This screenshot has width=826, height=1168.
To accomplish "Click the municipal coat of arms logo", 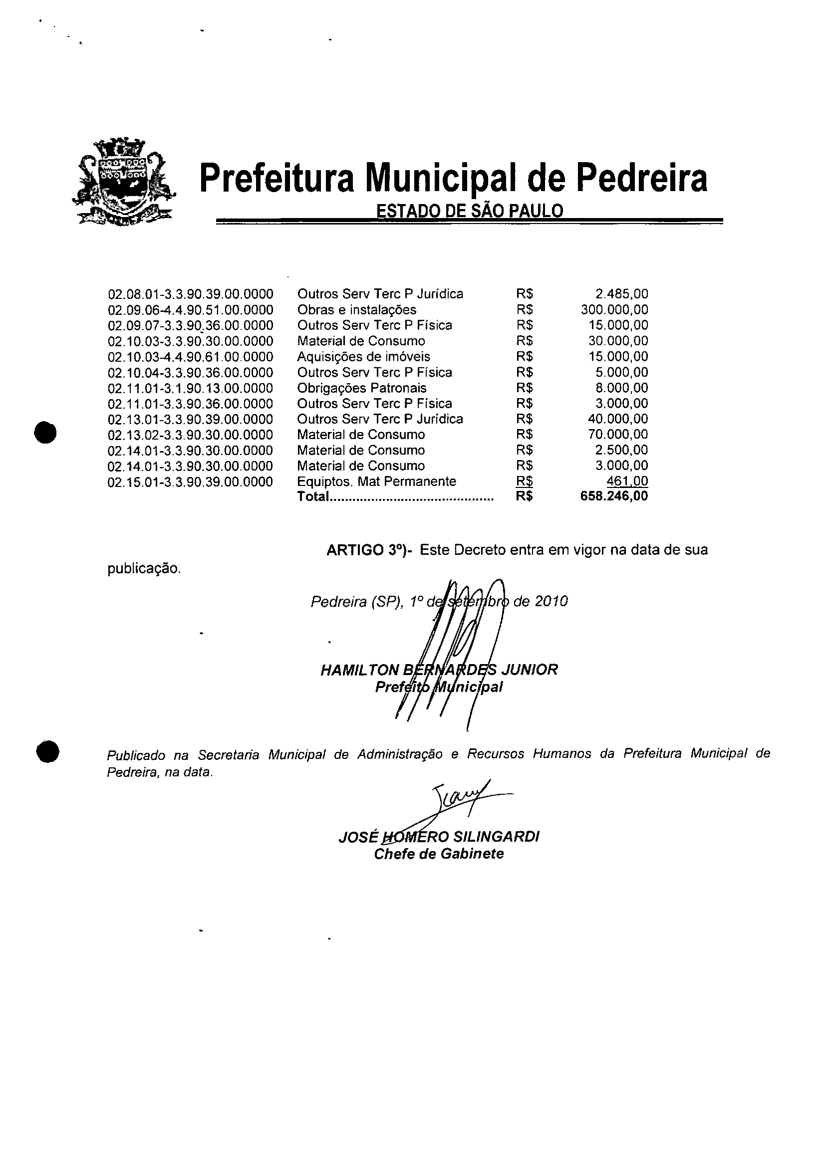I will pos(124,182).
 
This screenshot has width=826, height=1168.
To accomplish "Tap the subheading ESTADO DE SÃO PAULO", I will pos(469,211).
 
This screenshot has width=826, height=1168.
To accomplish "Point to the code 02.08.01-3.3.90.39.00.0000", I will pos(190,294).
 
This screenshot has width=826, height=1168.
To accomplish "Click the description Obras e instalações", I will pos(356,310).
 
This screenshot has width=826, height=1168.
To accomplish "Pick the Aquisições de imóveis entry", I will pos(363,357).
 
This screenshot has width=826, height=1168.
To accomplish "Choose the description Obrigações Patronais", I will pos(361,388).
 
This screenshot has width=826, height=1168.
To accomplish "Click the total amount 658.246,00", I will pos(614,496).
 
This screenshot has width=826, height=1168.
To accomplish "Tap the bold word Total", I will pos(312,496).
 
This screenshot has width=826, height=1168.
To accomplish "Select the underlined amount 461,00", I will pos(627,481).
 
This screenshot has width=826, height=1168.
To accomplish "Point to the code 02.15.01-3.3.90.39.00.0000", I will pos(190,482).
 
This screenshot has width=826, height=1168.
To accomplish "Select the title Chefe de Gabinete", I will pos(439,854).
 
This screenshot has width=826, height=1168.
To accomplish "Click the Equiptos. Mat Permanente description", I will pos(377,481).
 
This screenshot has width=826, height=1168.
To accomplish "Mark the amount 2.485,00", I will pos(622,294).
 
